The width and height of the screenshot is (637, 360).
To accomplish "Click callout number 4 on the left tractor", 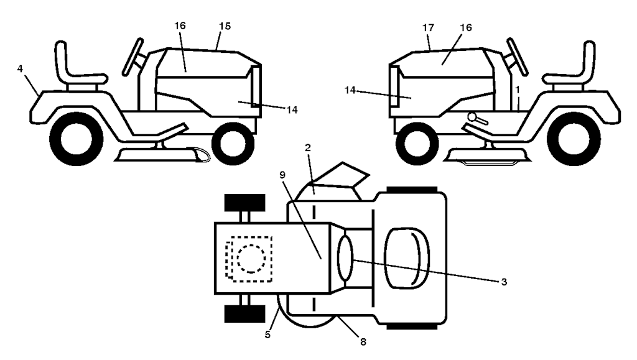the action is [x=20, y=69].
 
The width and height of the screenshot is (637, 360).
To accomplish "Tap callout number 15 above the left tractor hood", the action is [x=225, y=26].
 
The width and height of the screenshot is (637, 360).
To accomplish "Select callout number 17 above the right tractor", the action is [x=428, y=27].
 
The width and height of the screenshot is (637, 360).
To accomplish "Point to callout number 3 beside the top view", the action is [x=504, y=282].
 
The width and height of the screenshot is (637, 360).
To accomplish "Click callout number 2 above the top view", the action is [x=307, y=148].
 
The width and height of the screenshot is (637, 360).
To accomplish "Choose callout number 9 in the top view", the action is [x=282, y=175].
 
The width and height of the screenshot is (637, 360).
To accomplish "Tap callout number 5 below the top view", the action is [x=267, y=335].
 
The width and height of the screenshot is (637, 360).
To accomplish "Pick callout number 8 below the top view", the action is [x=363, y=342].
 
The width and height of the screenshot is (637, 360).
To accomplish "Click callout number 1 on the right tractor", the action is [x=518, y=89].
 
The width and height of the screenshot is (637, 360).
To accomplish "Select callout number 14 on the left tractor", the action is [x=292, y=110].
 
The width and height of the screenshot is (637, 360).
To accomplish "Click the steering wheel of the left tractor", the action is [x=133, y=58].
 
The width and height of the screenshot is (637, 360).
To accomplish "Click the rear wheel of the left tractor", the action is [x=76, y=139].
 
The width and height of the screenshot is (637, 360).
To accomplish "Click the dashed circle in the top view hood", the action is [x=251, y=259].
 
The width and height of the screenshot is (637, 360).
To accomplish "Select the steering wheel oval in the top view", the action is [x=345, y=258].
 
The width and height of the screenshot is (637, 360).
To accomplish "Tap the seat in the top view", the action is [x=407, y=258].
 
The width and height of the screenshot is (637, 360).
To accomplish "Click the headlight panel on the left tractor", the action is [x=256, y=87].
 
